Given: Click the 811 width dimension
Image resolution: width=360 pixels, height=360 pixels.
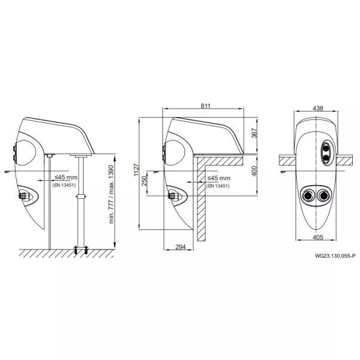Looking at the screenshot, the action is (205, 106).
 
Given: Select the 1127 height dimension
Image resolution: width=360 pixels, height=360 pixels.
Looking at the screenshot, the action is (136, 170).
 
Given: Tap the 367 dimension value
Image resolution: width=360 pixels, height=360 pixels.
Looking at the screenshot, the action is (254, 133).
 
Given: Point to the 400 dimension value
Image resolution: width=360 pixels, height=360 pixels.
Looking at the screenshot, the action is (254, 171).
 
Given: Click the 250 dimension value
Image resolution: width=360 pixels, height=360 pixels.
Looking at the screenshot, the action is (144, 181).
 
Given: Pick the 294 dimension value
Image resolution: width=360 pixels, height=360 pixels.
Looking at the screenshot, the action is (180, 247).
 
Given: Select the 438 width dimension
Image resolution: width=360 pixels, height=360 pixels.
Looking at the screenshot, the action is (318, 108).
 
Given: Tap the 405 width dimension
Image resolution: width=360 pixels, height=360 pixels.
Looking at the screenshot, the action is (318, 237).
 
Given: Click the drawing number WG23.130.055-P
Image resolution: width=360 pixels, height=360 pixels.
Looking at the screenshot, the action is (335, 256).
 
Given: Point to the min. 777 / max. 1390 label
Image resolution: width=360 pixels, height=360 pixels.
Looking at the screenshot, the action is (112, 194).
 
